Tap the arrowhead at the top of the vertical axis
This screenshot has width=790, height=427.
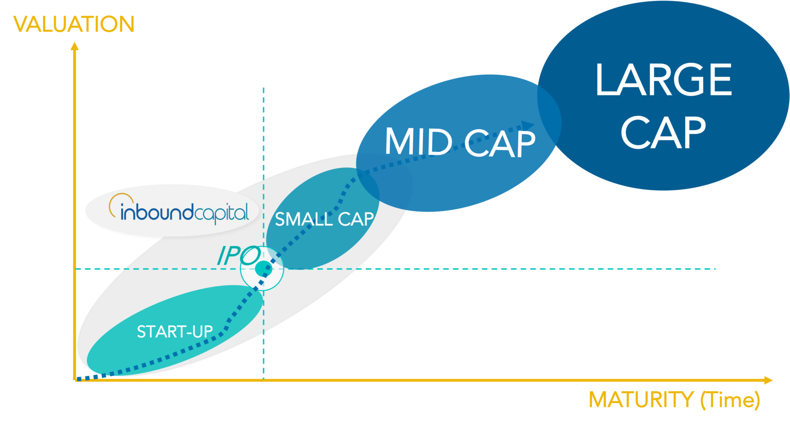(74, 46)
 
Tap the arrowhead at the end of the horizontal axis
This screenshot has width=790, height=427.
(768, 381)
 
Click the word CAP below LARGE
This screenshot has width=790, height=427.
(663, 132)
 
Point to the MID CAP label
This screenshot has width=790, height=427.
(460, 142)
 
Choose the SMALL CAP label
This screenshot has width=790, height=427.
(324, 219)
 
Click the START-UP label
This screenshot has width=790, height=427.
(174, 332)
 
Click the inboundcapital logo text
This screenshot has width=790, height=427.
(184, 213)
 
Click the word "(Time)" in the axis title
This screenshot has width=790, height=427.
(730, 400)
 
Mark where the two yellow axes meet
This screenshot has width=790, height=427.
(75, 380)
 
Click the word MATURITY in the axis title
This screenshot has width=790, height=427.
(641, 400)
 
